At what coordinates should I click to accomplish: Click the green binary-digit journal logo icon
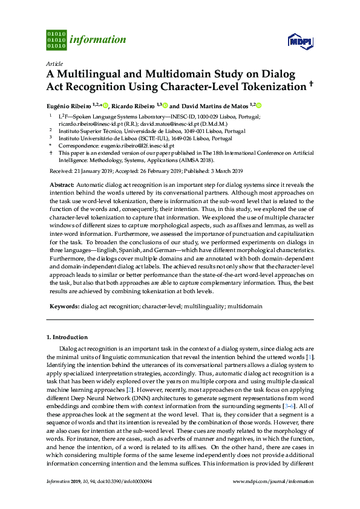[x=56, y=40]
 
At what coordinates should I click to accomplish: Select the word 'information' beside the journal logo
[x=98, y=41]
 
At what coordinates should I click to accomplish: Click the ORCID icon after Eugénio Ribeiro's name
[x=105, y=105]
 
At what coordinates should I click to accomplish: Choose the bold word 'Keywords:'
[x=64, y=306]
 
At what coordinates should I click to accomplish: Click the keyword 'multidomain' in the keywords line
[x=246, y=306]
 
